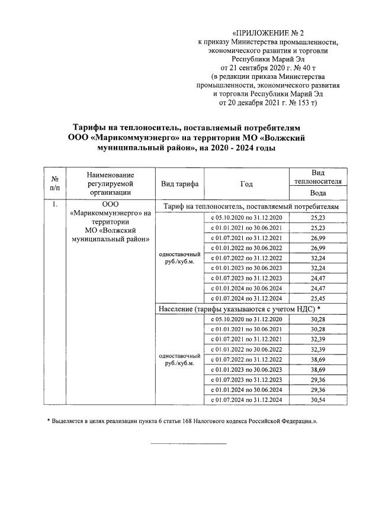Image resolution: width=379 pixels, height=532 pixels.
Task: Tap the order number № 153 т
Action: click(300, 102)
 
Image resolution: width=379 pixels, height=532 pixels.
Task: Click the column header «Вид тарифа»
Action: click(179, 183)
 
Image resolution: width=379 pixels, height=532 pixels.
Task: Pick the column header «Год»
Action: click(246, 183)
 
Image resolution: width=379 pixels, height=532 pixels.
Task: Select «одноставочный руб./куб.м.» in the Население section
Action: click(179, 359)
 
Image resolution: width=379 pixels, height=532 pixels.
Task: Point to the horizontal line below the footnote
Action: click(188, 443)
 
